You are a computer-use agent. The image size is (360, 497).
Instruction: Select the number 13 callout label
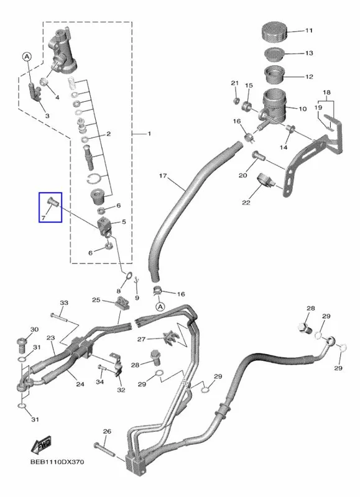click(309, 53)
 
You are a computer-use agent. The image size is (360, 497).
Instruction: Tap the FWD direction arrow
click(41, 444)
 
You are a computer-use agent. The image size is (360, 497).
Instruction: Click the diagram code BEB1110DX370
click(57, 462)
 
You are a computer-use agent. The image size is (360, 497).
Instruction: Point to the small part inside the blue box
click(52, 202)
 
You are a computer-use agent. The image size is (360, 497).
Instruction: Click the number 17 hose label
click(163, 176)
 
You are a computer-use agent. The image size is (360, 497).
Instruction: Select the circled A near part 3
click(27, 57)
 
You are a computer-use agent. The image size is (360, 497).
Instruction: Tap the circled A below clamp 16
click(160, 306)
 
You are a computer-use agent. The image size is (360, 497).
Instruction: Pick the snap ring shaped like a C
click(95, 178)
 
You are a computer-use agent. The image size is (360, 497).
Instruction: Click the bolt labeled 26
click(104, 449)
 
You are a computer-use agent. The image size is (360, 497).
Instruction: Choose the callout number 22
click(246, 203)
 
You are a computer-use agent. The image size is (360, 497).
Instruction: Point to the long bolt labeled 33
click(59, 317)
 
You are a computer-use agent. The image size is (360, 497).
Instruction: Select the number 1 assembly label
click(149, 134)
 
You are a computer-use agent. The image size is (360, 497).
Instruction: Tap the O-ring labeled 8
click(128, 275)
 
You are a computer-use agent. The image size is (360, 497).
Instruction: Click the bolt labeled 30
click(21, 346)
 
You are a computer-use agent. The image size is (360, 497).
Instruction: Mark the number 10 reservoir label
click(302, 109)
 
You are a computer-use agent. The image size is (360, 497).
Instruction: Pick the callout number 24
click(80, 384)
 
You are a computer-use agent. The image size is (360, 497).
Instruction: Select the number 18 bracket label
click(326, 93)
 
